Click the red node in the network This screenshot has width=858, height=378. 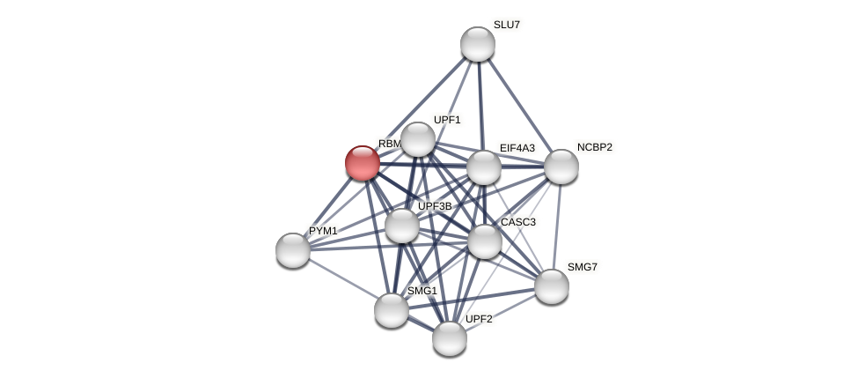[362, 163]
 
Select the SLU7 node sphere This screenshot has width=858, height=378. [478, 44]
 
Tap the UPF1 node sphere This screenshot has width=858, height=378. [418, 139]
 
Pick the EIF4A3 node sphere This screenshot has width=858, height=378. [484, 167]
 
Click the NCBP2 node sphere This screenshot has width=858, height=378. [561, 167]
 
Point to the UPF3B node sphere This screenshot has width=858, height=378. [402, 226]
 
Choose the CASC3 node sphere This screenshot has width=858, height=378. [485, 241]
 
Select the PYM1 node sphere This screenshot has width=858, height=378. [293, 250]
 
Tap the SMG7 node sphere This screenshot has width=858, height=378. [552, 286]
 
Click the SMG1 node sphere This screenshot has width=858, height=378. [392, 310]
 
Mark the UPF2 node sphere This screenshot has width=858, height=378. [450, 338]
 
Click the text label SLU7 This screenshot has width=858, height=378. [506, 25]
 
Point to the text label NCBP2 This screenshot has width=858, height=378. [594, 147]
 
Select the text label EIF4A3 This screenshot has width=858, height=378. [517, 148]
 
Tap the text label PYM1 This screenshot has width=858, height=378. [323, 231]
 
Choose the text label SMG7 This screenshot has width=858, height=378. [582, 267]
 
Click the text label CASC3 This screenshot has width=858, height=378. [517, 222]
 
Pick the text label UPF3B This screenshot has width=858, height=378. [435, 206]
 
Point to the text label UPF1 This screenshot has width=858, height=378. [447, 120]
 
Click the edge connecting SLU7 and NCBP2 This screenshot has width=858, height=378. [519, 105]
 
